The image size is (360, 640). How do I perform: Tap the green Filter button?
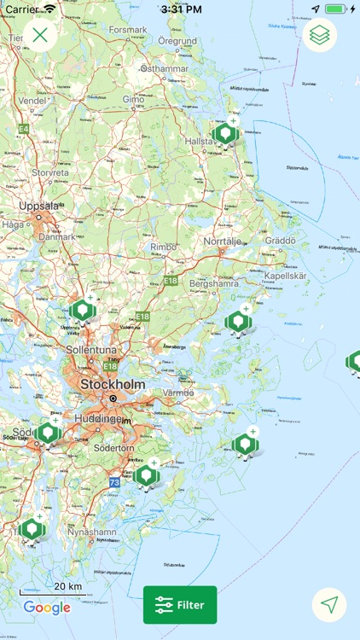(180, 605)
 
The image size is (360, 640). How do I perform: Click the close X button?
(40, 35)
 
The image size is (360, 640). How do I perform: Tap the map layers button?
(320, 35)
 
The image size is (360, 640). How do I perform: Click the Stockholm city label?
(113, 386)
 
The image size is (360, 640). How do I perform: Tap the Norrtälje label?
(224, 241)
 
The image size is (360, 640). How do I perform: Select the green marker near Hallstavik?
(225, 133)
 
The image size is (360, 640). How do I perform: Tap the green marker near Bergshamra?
(237, 321)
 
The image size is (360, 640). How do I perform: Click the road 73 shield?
(114, 482)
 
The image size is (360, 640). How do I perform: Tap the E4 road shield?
(24, 129)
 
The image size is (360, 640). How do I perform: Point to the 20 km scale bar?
(53, 591)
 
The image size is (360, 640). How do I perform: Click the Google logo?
(47, 608)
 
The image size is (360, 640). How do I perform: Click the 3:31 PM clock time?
(179, 9)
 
